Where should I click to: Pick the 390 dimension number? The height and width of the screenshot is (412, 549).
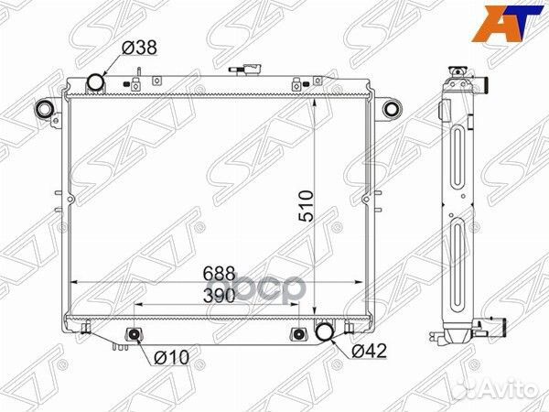[x=220, y=295]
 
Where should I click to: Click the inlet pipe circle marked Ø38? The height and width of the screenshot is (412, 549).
[x=96, y=84]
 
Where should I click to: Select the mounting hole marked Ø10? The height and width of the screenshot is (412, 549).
[x=135, y=334]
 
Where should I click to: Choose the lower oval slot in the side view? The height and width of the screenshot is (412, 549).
[x=459, y=261]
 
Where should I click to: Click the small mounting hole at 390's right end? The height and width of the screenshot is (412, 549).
[x=297, y=333]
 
